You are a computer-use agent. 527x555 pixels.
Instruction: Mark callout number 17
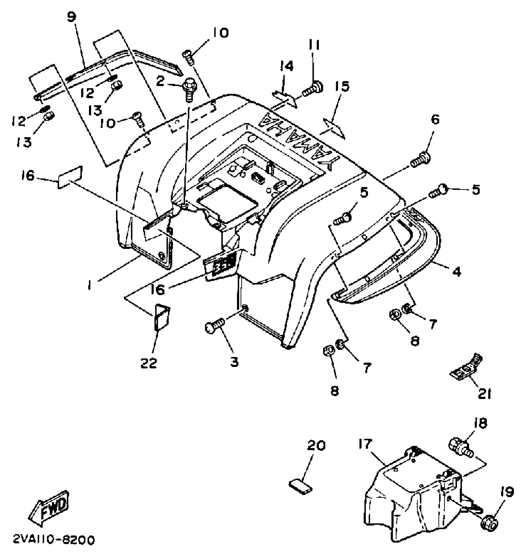click(x=365, y=444)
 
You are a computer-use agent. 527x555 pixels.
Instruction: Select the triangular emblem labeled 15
click(x=334, y=128)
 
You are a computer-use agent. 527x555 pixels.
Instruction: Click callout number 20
click(x=316, y=445)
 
